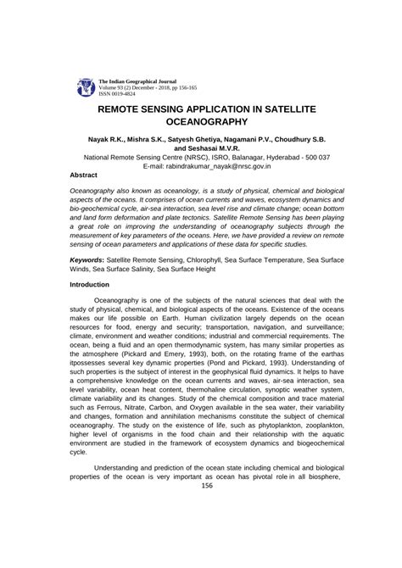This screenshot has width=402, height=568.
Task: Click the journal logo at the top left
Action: pyautogui.click(x=86, y=85)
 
